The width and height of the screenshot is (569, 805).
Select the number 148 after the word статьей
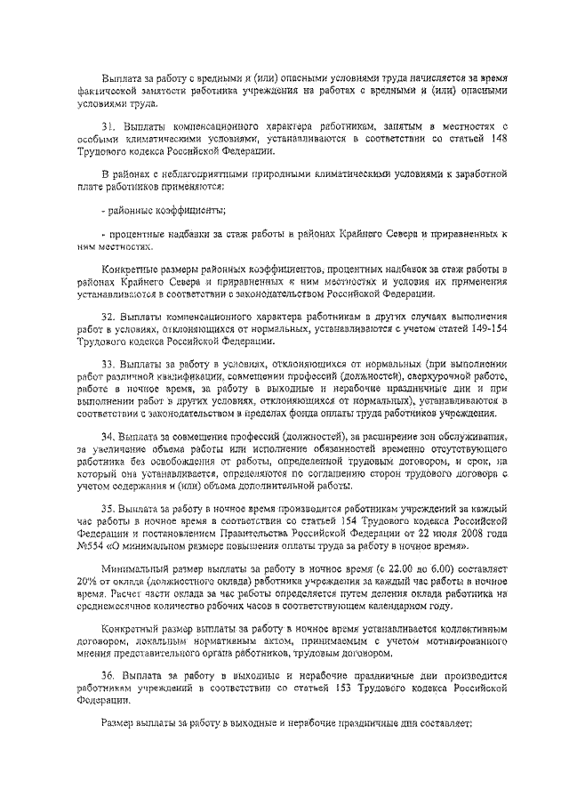(499, 140)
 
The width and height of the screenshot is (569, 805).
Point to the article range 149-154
(492, 328)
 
